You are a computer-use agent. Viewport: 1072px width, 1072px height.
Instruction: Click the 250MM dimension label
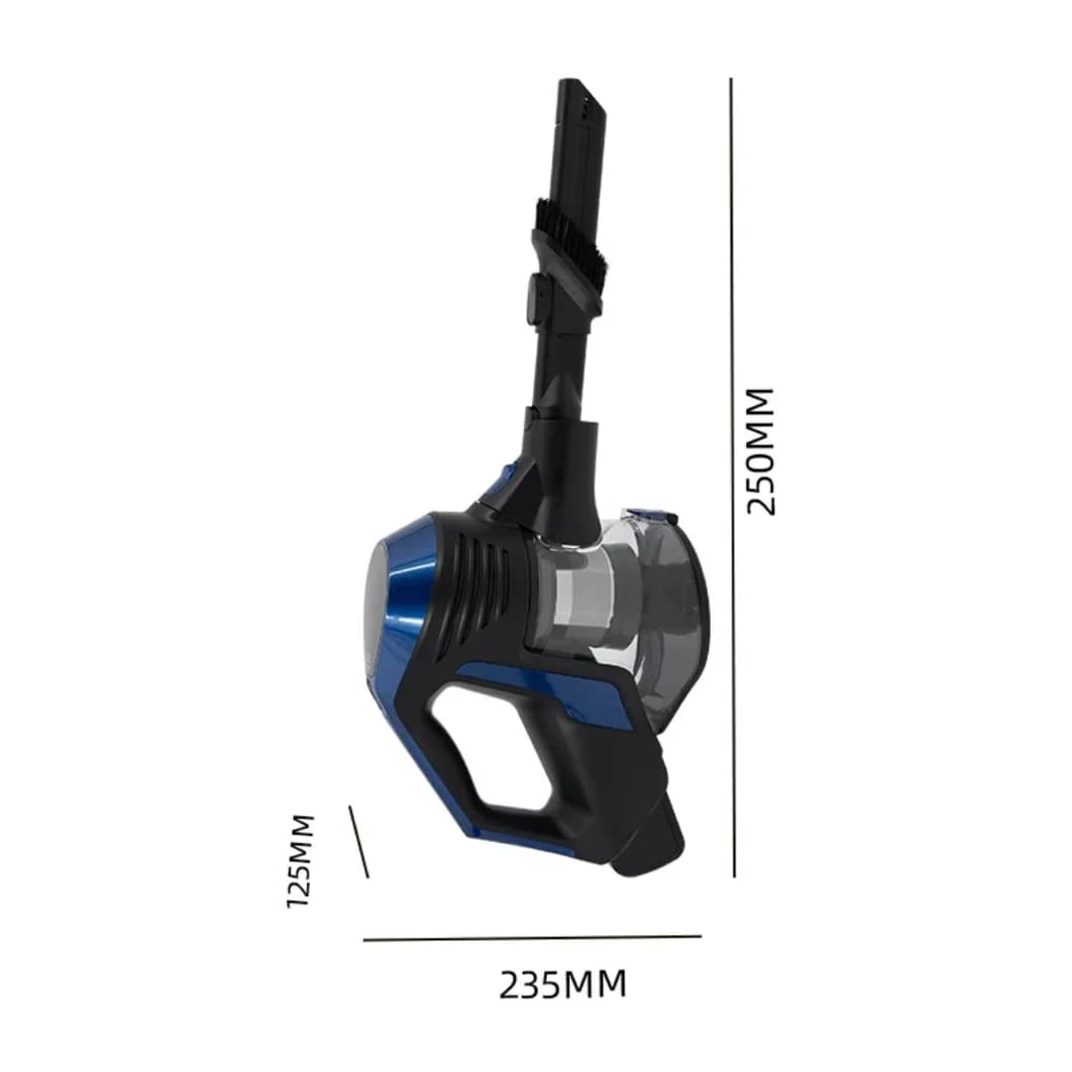point(760,452)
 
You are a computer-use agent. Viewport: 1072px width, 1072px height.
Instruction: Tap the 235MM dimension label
point(562,986)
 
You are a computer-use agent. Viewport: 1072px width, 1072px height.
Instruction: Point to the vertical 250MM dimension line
point(733,477)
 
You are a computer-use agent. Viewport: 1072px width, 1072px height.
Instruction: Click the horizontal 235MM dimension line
point(533,938)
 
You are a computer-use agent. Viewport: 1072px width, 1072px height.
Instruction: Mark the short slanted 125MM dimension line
point(359,842)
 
